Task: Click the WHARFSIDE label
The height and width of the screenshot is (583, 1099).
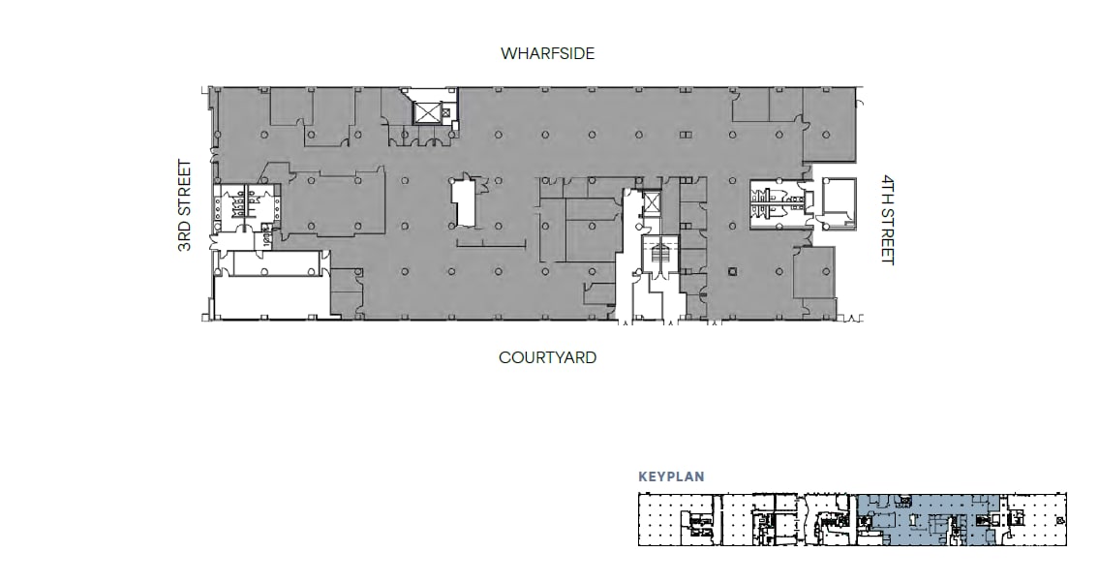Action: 547,53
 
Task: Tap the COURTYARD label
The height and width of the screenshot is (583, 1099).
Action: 547,357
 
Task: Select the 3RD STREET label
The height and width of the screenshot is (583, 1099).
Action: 185,205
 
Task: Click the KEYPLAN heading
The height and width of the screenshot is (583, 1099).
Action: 670,476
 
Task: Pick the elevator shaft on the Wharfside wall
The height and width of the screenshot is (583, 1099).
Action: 426,111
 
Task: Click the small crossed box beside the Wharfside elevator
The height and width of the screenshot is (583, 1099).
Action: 445,112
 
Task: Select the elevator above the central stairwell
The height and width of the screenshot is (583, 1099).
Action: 652,204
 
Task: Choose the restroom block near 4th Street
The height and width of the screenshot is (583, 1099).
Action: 775,201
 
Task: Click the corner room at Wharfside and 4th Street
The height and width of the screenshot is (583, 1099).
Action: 831,124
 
